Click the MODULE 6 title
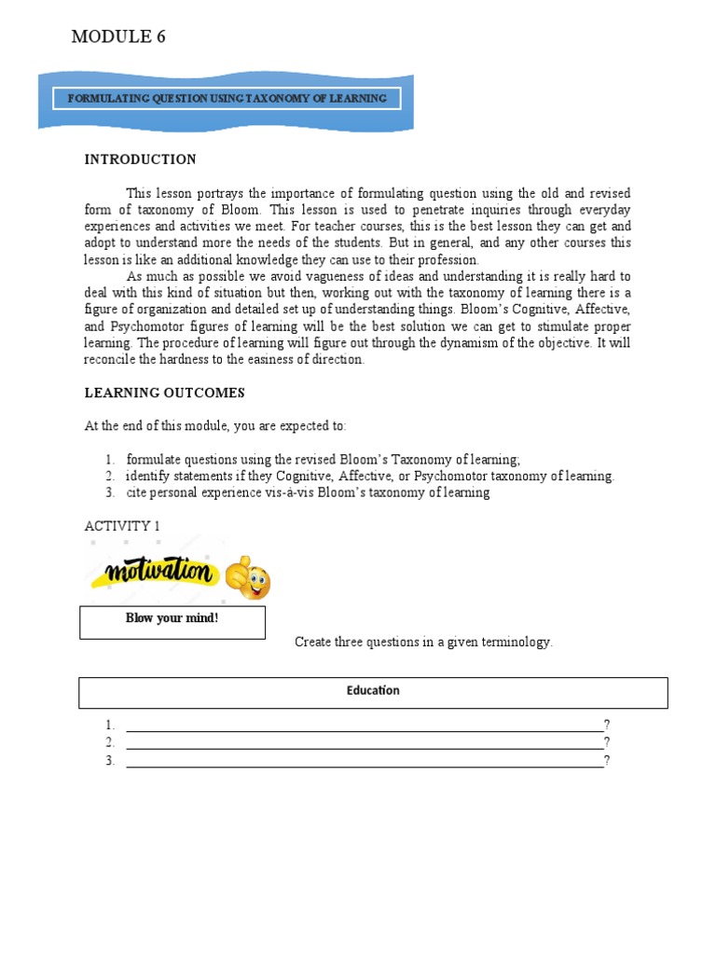[118, 37]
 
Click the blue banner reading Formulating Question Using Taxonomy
[227, 99]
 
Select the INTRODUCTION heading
[140, 159]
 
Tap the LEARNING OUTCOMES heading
[164, 393]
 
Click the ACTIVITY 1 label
[122, 526]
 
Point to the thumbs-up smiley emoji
[247, 579]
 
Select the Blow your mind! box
[172, 622]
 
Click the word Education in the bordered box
[373, 691]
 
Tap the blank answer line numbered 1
[364, 727]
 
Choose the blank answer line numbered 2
[364, 744]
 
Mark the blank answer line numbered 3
[364, 762]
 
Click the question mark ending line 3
[607, 761]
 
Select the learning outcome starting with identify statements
[370, 476]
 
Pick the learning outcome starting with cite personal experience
[308, 492]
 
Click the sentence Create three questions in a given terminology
[423, 642]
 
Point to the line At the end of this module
[215, 426]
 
